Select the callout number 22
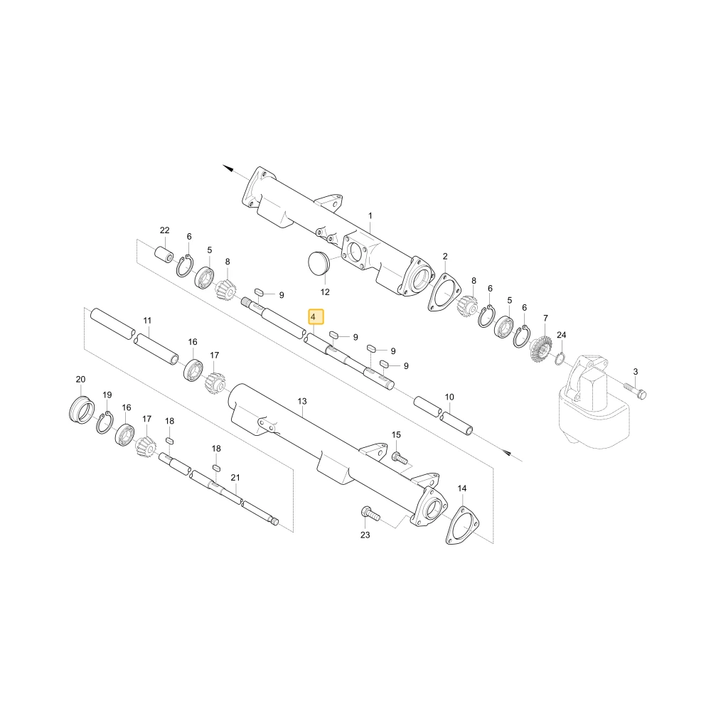(x=165, y=230)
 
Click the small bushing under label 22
(x=164, y=255)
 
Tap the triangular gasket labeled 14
(x=463, y=525)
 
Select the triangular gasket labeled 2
(x=445, y=292)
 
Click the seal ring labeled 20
(x=82, y=410)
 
